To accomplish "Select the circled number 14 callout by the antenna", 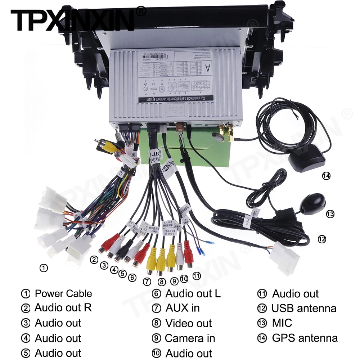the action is [326, 176].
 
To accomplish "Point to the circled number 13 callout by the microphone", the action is [330, 214].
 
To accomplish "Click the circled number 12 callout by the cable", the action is [322, 238].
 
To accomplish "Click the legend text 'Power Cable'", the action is [63, 293].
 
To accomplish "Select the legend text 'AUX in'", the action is [183, 308].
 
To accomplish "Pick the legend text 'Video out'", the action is [189, 323].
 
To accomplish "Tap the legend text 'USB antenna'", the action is [304, 308].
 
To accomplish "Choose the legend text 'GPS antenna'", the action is [305, 338].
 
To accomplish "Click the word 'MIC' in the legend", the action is [282, 323].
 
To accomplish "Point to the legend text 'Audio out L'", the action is [193, 293].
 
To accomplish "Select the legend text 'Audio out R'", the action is [63, 308].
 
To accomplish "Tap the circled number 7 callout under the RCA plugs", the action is [147, 282].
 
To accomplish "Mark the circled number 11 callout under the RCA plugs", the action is [196, 276].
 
